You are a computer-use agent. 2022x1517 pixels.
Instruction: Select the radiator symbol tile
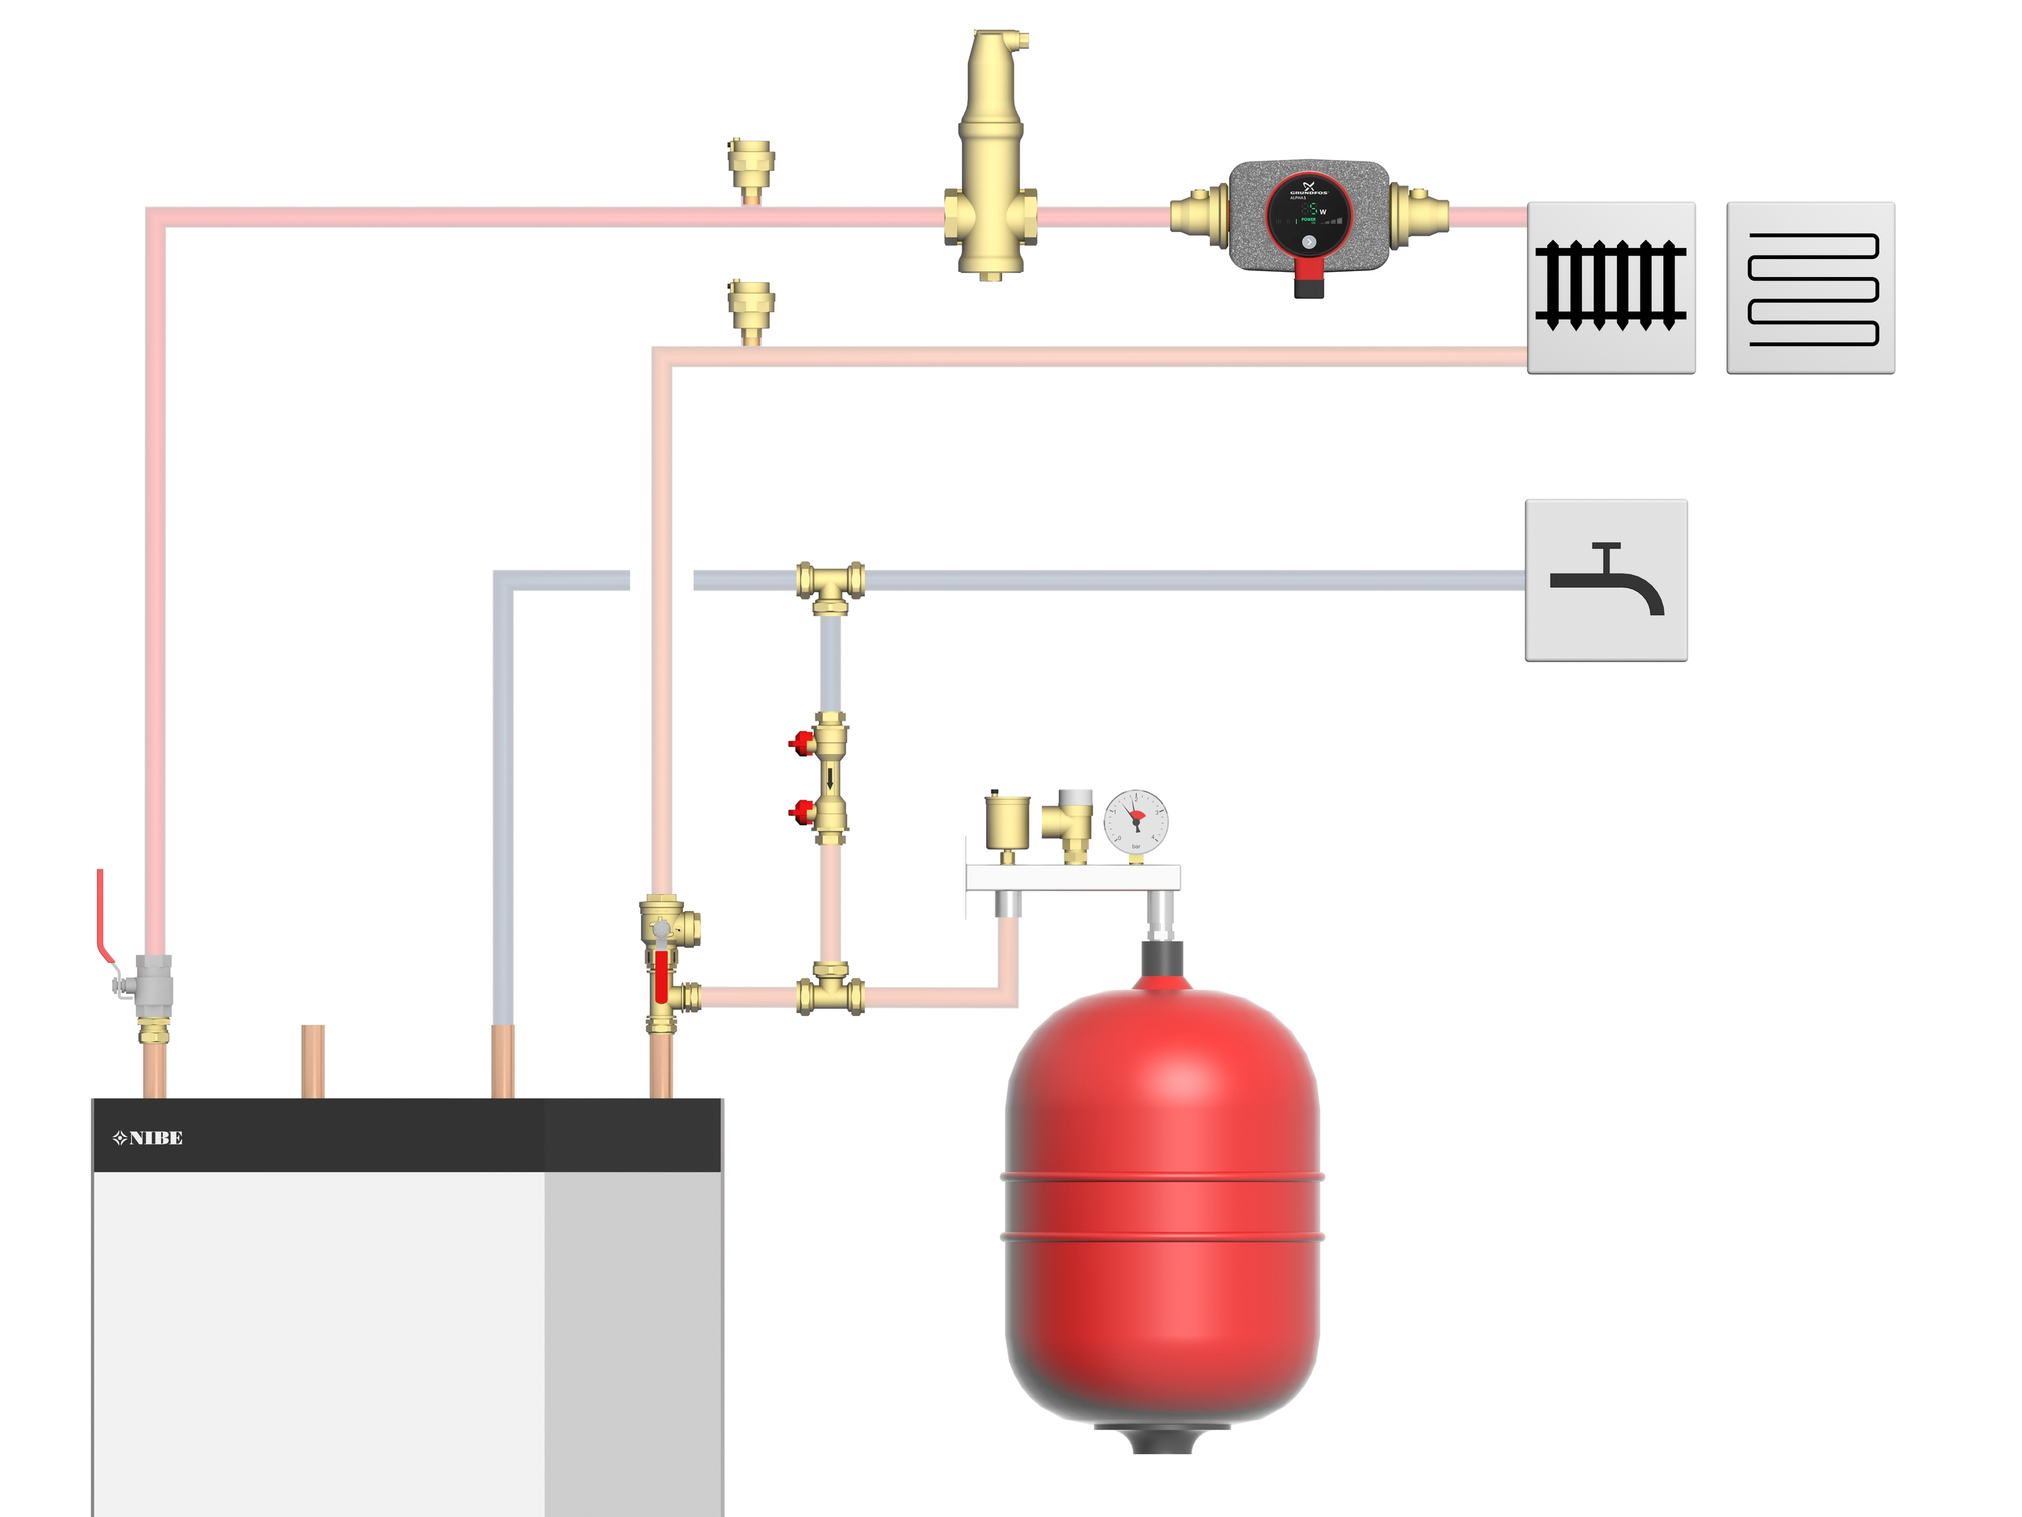click(1611, 287)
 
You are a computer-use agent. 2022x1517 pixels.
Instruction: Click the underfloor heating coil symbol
click(1810, 287)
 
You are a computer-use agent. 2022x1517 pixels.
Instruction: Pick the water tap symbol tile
click(1606, 580)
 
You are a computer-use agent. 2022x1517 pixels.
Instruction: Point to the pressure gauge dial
click(1136, 817)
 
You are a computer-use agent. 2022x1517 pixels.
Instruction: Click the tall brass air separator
click(990, 156)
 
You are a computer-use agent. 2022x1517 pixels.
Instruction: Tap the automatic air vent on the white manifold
click(1006, 823)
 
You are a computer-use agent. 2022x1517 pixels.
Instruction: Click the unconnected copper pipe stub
click(313, 1061)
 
